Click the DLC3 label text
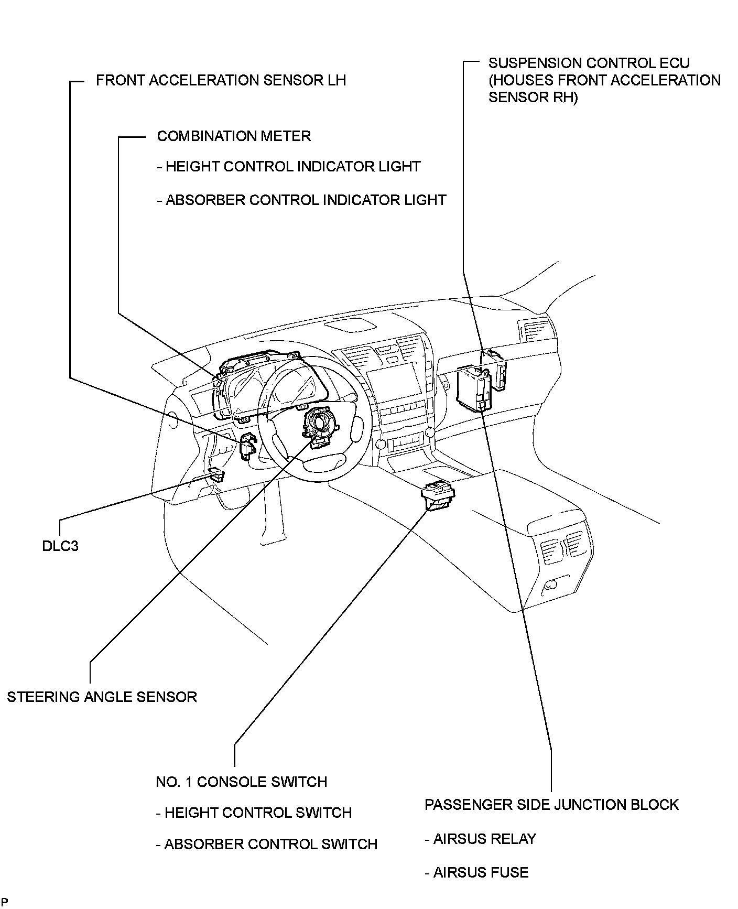[60, 546]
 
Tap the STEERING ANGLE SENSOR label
[102, 697]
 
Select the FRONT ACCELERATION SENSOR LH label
[221, 80]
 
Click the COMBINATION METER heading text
[234, 136]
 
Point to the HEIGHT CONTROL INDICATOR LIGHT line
[289, 167]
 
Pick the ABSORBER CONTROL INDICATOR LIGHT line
[301, 200]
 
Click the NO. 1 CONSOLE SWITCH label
[242, 782]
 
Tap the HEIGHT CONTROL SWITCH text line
[254, 813]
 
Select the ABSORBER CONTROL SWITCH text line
[267, 844]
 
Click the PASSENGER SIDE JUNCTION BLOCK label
[551, 805]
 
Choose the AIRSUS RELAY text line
[480, 839]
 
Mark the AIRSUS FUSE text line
[476, 872]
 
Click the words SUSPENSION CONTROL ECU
[589, 63]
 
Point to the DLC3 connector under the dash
[216, 475]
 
